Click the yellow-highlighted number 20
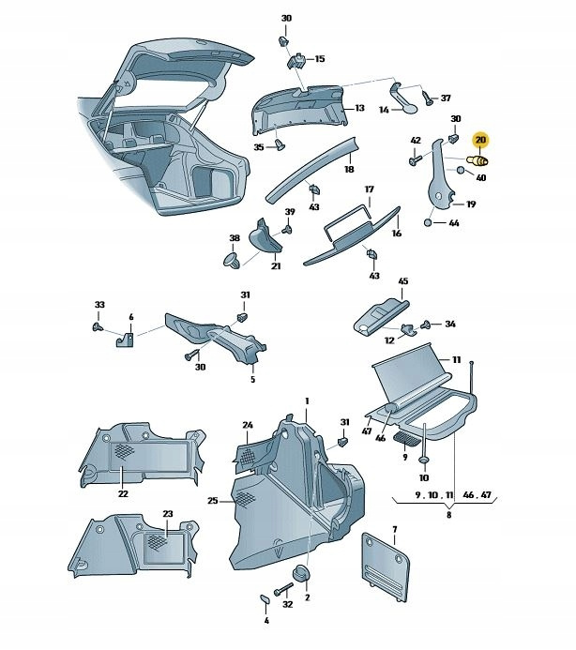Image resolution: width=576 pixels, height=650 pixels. coord(480,142)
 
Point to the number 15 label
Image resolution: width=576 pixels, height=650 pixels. coord(319,58)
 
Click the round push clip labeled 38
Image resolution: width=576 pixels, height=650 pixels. coord(232,258)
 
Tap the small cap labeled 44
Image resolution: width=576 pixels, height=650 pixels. coord(429,222)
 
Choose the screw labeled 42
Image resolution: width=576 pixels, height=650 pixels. coord(415,160)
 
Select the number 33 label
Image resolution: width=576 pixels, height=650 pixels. coord(99,305)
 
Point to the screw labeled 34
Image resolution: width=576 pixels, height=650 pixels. coord(427,325)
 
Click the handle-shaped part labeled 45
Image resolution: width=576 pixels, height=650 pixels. coord(381,310)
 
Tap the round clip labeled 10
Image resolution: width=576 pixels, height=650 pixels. coord(423,461)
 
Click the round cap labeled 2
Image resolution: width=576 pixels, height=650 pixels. coord(302,573)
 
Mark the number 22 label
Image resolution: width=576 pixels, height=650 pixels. coord(123,493)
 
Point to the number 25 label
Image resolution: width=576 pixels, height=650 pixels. coord(213,501)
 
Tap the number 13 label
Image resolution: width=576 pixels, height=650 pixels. coord(358,108)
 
